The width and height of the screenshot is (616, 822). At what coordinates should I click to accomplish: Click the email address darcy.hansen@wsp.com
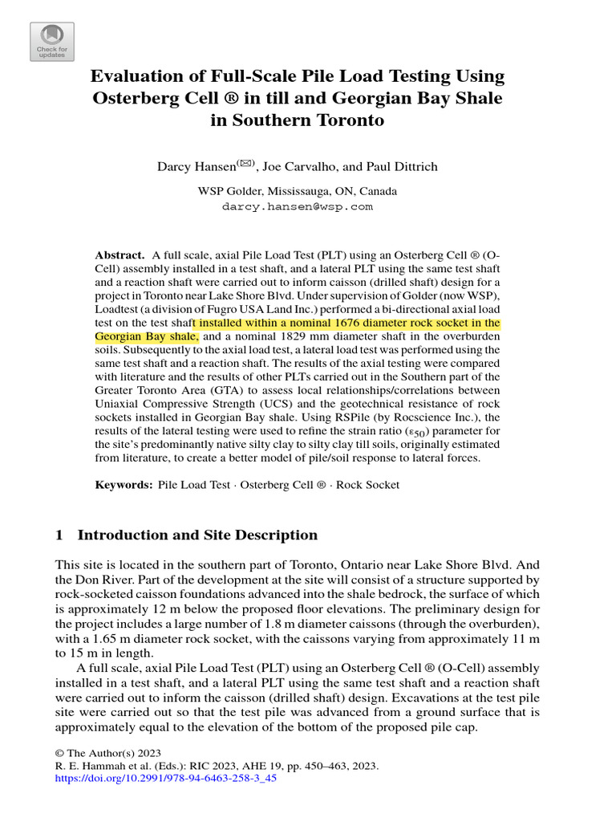click(x=297, y=206)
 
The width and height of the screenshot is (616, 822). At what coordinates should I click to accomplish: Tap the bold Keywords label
click(x=123, y=485)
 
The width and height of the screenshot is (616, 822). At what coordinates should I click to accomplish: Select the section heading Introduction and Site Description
click(x=197, y=535)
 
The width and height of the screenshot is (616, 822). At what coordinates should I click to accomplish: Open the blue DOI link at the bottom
click(x=165, y=779)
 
